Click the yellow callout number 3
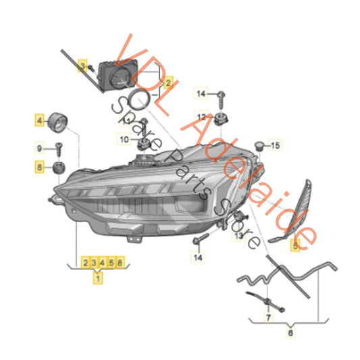(82, 66)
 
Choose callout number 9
(40, 147)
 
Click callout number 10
(124, 138)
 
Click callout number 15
(275, 145)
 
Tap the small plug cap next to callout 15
(258, 146)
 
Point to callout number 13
(238, 236)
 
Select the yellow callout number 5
(294, 246)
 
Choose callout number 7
(267, 316)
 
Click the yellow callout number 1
(99, 277)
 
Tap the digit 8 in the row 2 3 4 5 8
(120, 261)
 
